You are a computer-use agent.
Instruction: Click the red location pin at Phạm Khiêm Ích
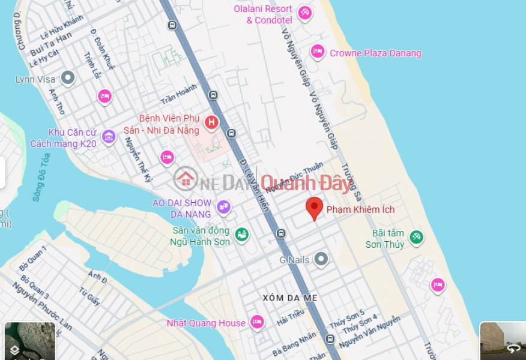click(x=314, y=208)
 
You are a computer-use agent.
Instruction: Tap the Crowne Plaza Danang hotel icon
click(x=318, y=52)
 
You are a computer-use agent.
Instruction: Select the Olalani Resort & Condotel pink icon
click(x=305, y=13)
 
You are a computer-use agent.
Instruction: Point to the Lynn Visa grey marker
click(x=68, y=77)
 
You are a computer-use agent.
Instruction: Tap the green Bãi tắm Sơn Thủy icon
click(x=416, y=238)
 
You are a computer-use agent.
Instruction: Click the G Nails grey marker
click(x=321, y=259)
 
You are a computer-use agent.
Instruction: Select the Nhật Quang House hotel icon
click(x=257, y=322)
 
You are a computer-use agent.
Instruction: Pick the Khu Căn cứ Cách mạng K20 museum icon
click(x=109, y=137)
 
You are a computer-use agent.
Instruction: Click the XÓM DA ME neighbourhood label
click(x=290, y=298)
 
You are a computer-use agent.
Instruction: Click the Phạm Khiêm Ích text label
click(x=360, y=209)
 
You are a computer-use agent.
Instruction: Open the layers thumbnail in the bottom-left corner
click(x=29, y=341)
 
